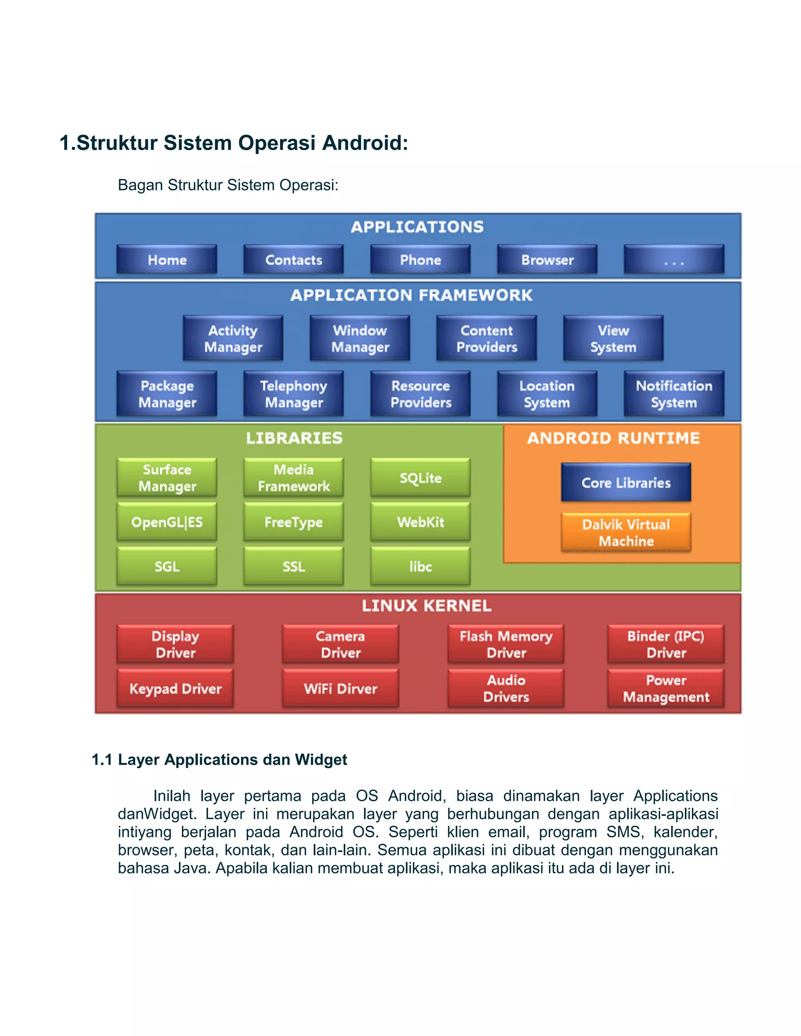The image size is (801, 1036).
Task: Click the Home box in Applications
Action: click(x=167, y=260)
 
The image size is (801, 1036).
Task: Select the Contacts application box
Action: click(x=293, y=260)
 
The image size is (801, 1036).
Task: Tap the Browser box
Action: click(x=547, y=260)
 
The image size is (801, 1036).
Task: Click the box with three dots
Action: click(x=674, y=260)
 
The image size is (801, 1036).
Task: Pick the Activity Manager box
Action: click(x=233, y=338)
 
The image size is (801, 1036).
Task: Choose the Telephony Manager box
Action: click(x=293, y=394)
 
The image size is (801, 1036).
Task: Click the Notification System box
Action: click(x=674, y=394)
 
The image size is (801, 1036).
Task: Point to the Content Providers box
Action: click(x=487, y=338)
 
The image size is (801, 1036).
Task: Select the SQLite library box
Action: click(x=420, y=478)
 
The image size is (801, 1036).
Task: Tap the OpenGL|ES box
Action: click(x=167, y=522)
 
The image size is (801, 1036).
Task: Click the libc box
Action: click(x=420, y=566)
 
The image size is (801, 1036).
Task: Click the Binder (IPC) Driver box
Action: click(x=666, y=644)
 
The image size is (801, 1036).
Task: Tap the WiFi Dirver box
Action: click(x=340, y=688)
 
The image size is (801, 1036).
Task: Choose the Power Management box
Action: click(x=666, y=688)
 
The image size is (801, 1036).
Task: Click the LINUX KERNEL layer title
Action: click(x=426, y=606)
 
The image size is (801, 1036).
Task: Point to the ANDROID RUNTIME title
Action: click(x=613, y=438)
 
